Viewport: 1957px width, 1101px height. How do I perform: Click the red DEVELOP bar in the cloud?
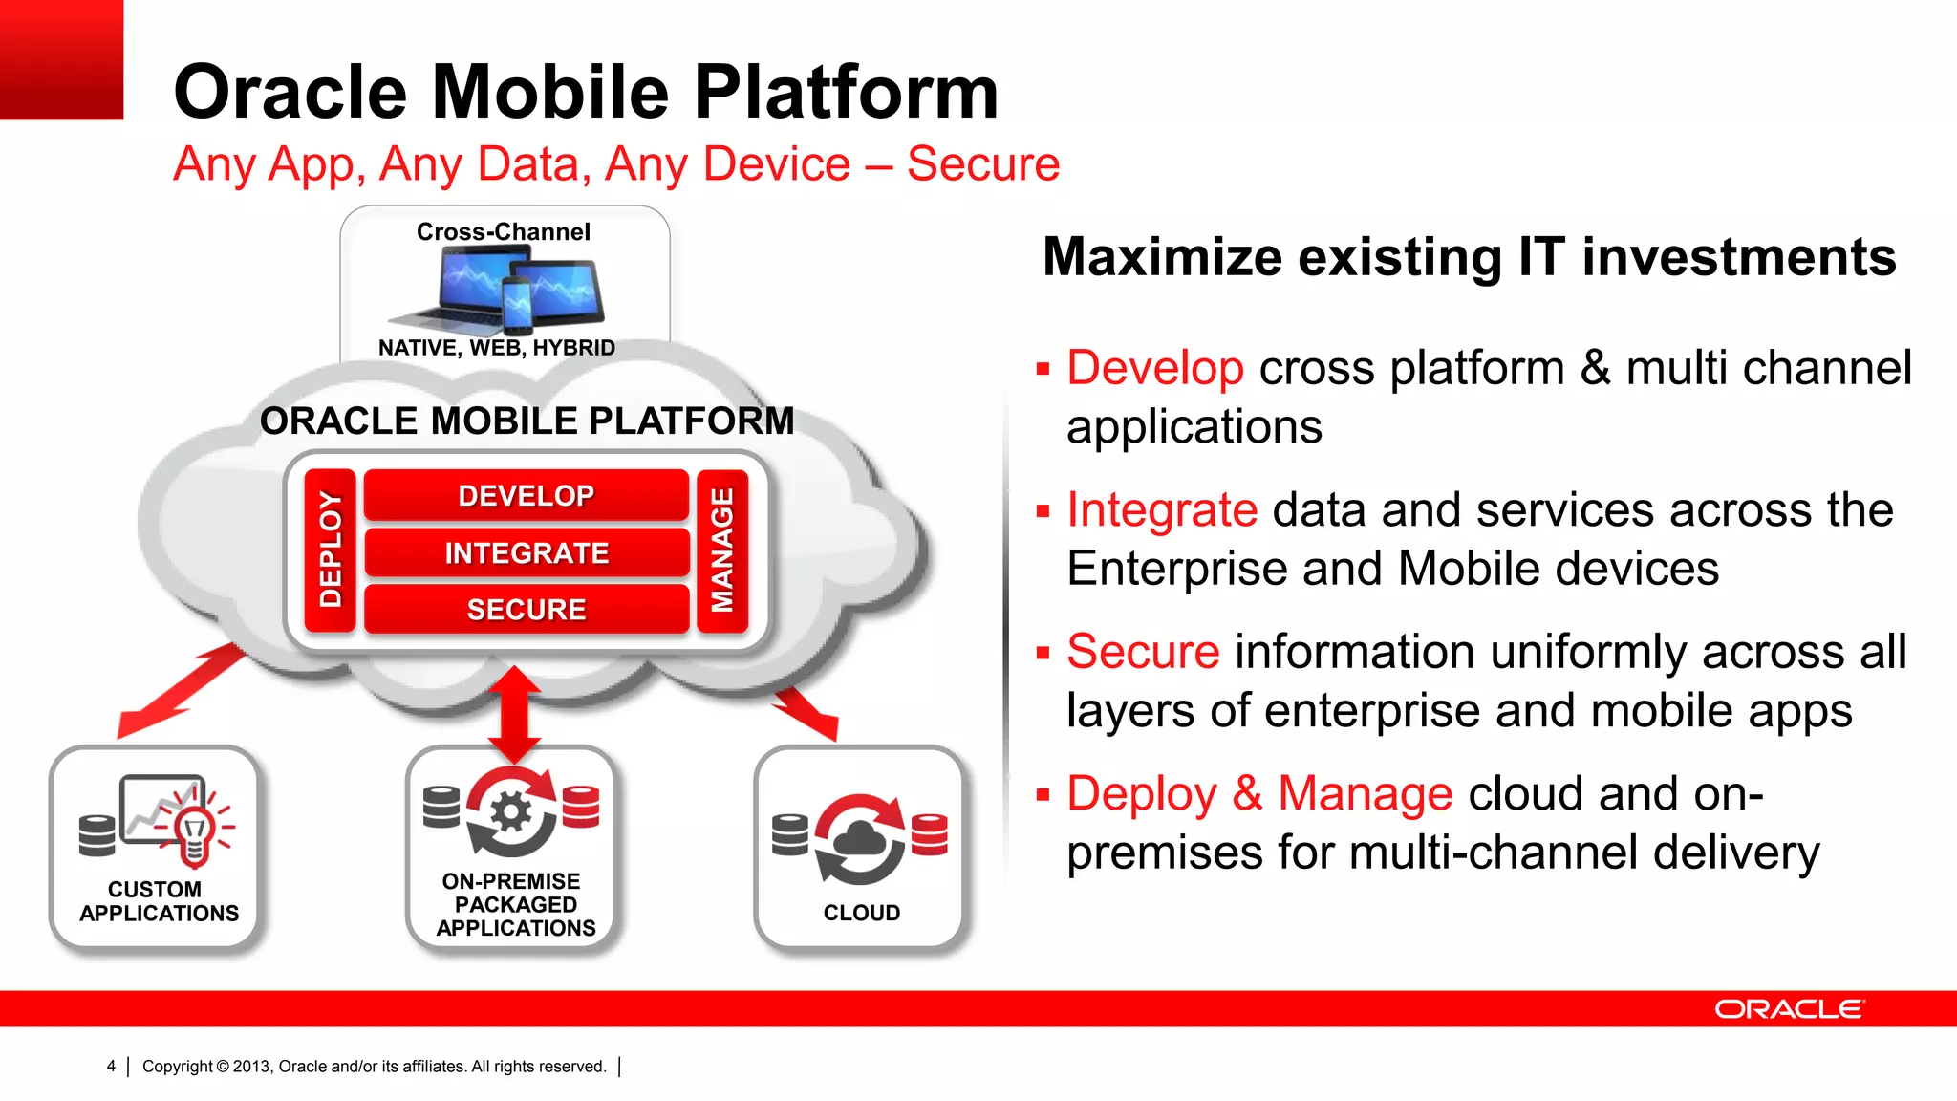click(x=526, y=495)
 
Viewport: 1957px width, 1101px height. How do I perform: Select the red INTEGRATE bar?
click(x=526, y=552)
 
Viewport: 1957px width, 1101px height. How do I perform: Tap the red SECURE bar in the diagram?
click(x=526, y=609)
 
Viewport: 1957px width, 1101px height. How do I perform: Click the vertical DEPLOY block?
click(x=330, y=550)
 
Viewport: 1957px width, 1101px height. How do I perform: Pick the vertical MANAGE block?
click(x=722, y=550)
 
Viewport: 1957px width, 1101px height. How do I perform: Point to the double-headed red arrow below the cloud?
click(x=514, y=715)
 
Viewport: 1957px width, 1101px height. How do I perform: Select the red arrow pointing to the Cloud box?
click(x=807, y=712)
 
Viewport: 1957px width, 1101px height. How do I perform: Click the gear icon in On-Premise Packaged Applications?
click(x=511, y=812)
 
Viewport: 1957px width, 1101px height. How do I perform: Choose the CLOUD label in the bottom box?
click(x=861, y=913)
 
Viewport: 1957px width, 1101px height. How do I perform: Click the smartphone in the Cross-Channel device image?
click(x=517, y=304)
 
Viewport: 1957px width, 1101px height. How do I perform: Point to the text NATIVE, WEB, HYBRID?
click(x=496, y=348)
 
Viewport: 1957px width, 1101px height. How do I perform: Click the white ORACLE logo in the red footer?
click(x=1788, y=1009)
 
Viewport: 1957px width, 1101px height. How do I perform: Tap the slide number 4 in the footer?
click(x=112, y=1066)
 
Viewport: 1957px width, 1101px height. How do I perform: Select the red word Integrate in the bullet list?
click(x=1161, y=509)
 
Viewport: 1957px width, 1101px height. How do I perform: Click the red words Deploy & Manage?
click(x=1259, y=793)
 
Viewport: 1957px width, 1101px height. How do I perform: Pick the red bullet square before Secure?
click(x=1043, y=653)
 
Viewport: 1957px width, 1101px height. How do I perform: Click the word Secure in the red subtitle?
click(x=983, y=163)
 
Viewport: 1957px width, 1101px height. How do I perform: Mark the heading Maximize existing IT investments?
click(x=1469, y=257)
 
